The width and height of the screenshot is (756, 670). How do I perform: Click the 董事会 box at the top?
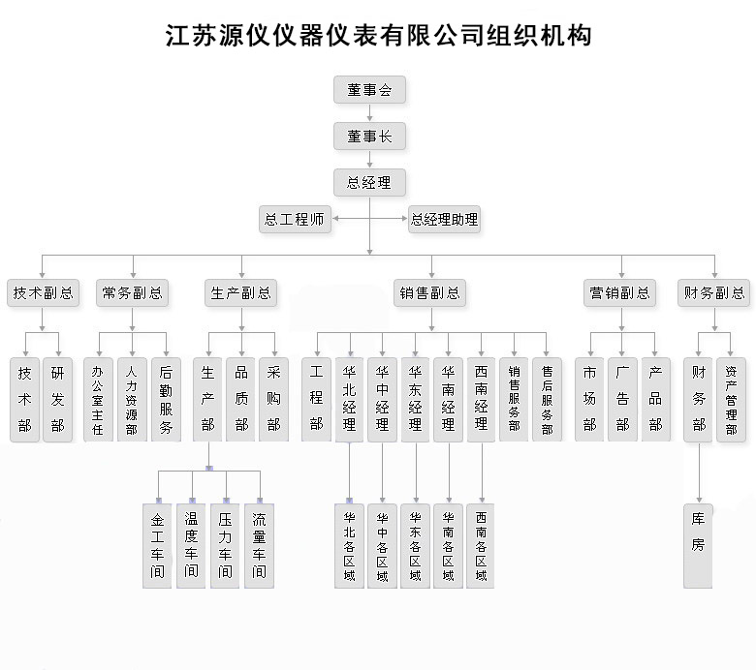pyautogui.click(x=369, y=90)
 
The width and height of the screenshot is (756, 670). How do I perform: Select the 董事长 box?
pyautogui.click(x=369, y=137)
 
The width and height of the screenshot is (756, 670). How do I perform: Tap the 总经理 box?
pyautogui.click(x=369, y=183)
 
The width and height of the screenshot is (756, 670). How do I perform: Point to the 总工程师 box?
pyautogui.click(x=295, y=220)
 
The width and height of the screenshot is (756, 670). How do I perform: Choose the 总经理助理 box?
pyautogui.click(x=444, y=220)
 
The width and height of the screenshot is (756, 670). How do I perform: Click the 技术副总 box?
pyautogui.click(x=43, y=292)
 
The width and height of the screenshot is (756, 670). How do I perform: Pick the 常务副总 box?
pyautogui.click(x=132, y=292)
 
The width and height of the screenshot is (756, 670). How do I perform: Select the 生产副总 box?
pyautogui.click(x=240, y=292)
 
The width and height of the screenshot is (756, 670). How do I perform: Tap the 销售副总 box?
pyautogui.click(x=429, y=292)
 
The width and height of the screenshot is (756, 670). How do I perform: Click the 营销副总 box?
pyautogui.click(x=619, y=292)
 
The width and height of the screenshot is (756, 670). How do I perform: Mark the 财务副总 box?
pyautogui.click(x=714, y=292)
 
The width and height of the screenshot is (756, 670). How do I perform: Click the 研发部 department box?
pyautogui.click(x=57, y=400)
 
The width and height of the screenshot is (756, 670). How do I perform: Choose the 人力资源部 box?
pyautogui.click(x=132, y=400)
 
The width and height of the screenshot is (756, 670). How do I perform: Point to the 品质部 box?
pyautogui.click(x=240, y=400)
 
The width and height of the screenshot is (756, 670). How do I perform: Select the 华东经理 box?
pyautogui.click(x=415, y=400)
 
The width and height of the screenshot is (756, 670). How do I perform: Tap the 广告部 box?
pyautogui.click(x=622, y=400)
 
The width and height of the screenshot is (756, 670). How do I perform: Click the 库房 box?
pyautogui.click(x=698, y=546)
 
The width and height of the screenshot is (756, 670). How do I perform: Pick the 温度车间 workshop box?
pyautogui.click(x=191, y=546)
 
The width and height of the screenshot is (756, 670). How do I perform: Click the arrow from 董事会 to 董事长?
pyautogui.click(x=370, y=112)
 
